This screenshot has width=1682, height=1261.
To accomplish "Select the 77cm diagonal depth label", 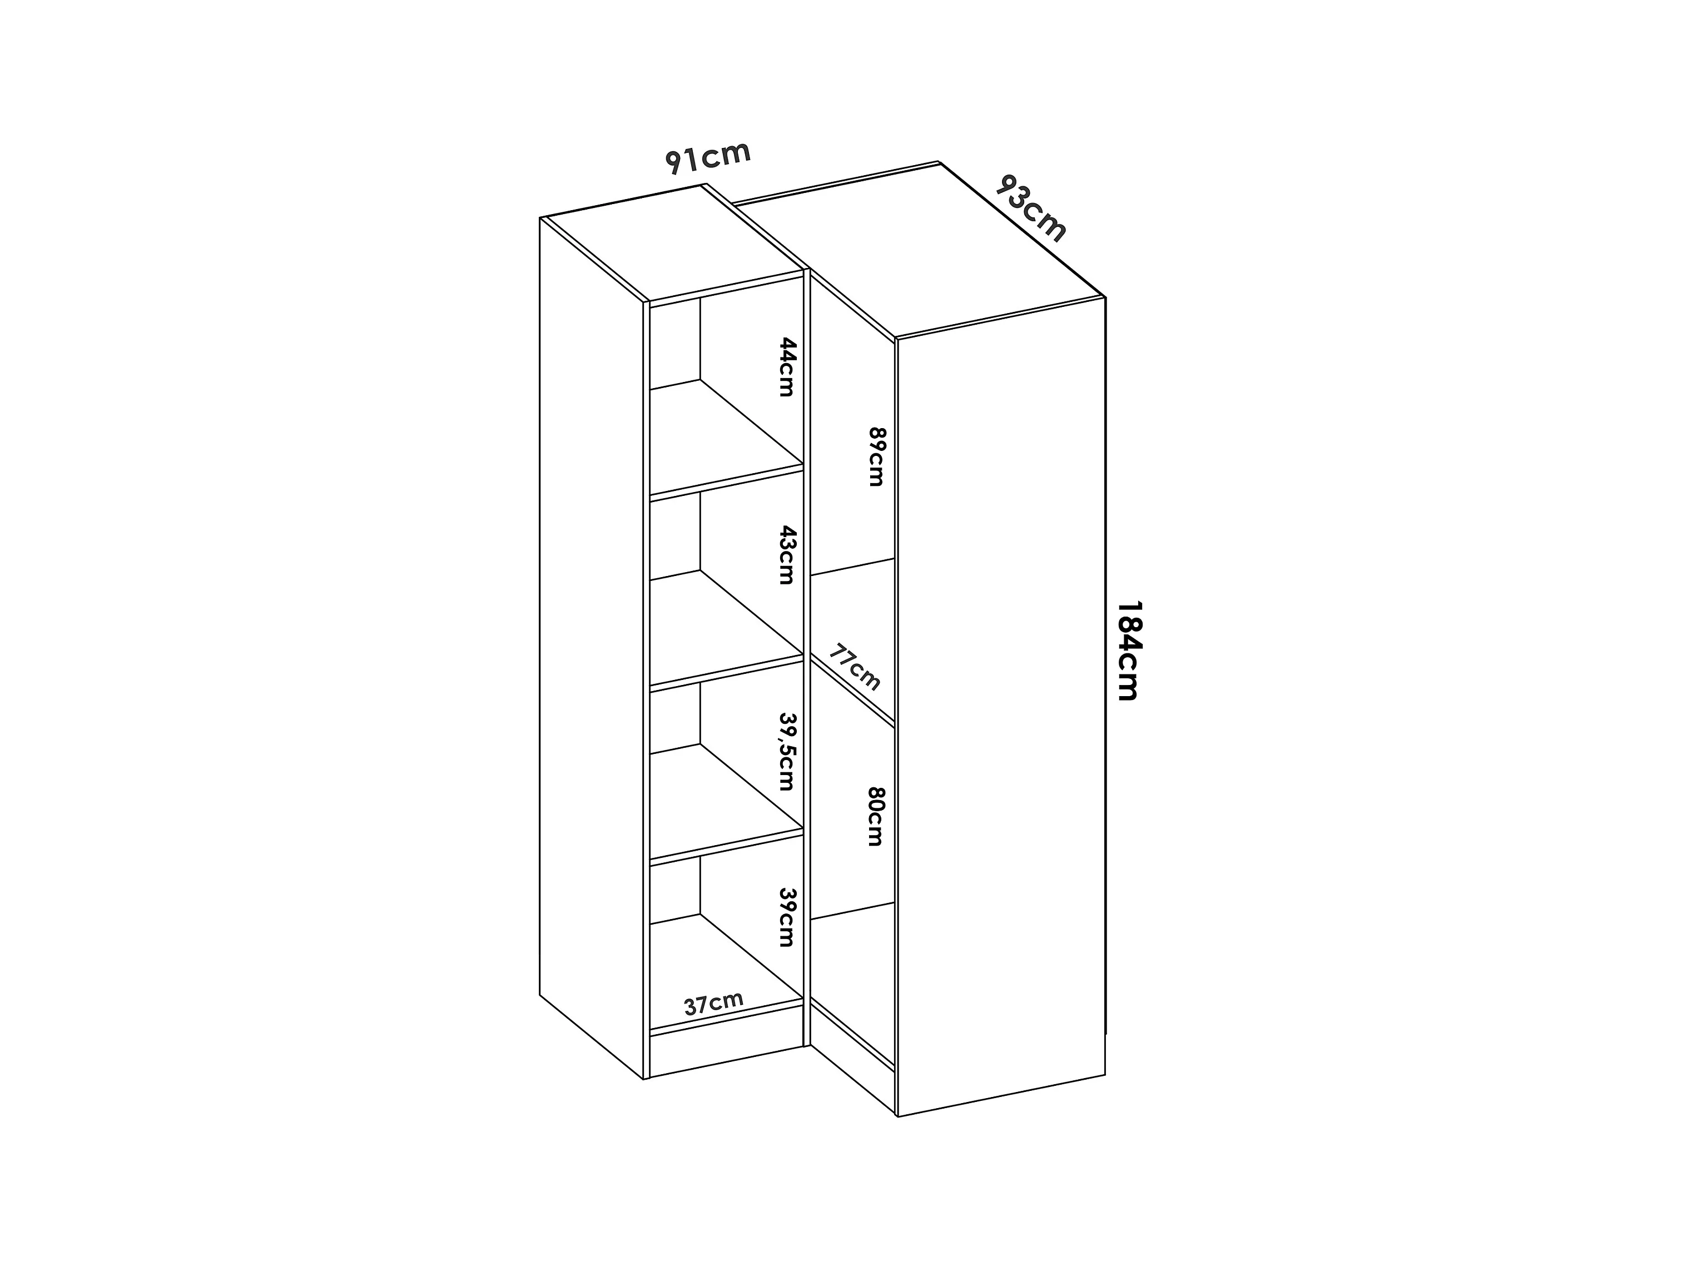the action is (855, 667).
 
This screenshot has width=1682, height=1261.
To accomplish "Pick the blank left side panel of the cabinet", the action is (592, 647).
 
